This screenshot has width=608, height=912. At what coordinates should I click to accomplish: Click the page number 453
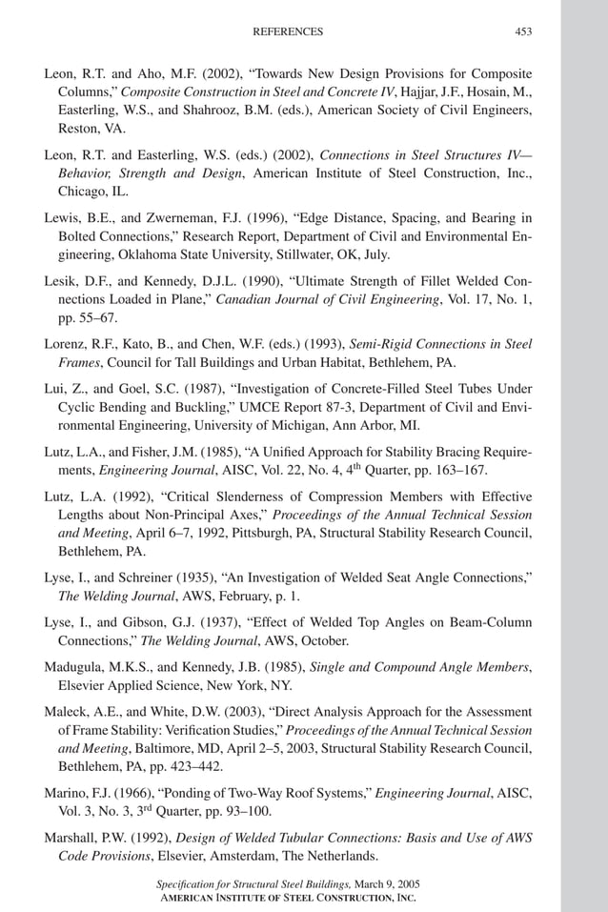(x=523, y=31)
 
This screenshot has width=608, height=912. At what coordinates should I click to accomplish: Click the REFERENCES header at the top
(x=287, y=31)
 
